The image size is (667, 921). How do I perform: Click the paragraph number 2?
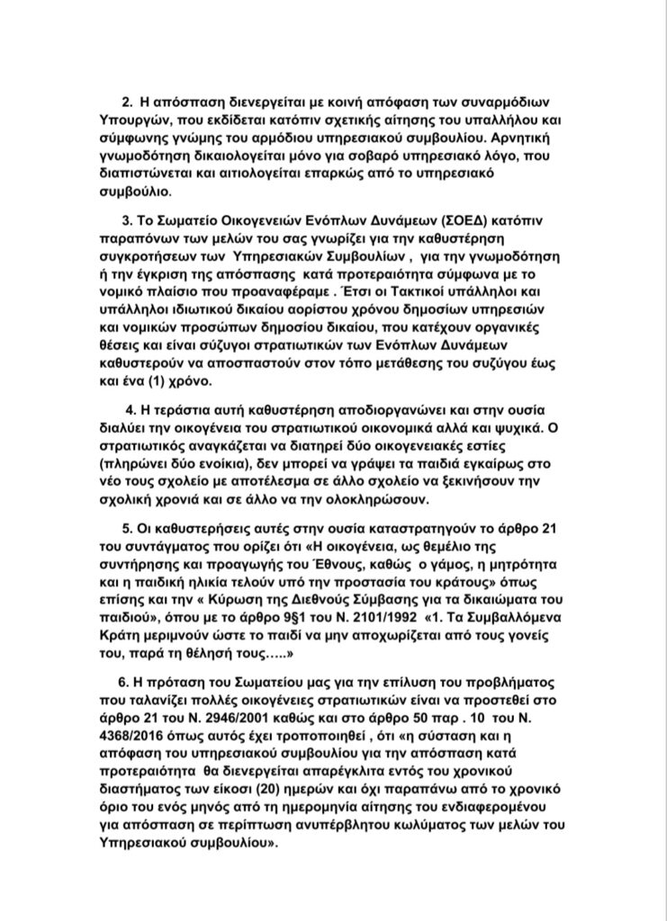coord(126,104)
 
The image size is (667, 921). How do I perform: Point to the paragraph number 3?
coord(125,221)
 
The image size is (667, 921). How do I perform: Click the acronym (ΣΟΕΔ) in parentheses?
coord(458,221)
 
